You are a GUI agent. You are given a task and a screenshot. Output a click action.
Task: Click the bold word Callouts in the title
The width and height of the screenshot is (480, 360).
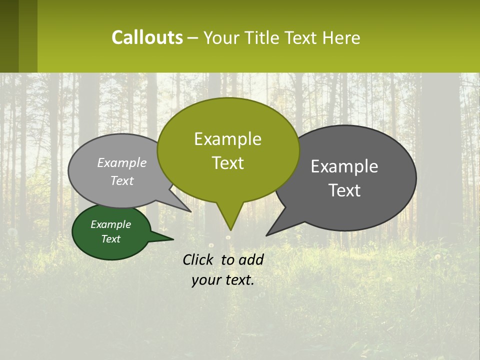pyautogui.click(x=147, y=37)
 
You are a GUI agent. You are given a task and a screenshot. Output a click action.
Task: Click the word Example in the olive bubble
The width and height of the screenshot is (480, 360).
pyautogui.click(x=227, y=139)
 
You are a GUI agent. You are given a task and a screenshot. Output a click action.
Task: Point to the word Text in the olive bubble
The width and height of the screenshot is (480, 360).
pyautogui.click(x=227, y=163)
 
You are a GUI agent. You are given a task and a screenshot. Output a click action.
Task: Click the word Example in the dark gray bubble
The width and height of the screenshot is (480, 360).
pyautogui.click(x=344, y=166)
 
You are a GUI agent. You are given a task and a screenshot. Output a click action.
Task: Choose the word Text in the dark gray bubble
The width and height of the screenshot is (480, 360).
pyautogui.click(x=344, y=190)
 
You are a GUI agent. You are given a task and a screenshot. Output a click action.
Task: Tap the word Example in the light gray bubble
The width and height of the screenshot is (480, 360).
pyautogui.click(x=121, y=162)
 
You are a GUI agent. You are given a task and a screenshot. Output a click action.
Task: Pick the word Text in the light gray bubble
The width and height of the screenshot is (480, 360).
pyautogui.click(x=121, y=180)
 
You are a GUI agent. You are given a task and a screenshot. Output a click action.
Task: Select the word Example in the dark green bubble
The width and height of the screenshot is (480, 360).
pyautogui.click(x=110, y=224)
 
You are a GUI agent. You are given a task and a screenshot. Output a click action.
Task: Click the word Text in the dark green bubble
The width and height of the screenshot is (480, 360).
pyautogui.click(x=110, y=239)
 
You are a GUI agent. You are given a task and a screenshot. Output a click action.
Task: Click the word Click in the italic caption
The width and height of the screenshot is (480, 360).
pyautogui.click(x=198, y=259)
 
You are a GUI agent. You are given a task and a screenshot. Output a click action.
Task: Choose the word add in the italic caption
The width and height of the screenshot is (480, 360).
pyautogui.click(x=250, y=259)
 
